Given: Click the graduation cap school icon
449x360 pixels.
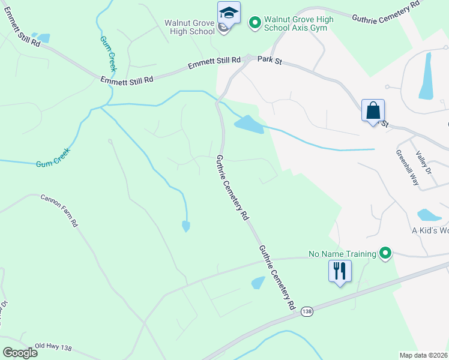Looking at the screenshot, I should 229,13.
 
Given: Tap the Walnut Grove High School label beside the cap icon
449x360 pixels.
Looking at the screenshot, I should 190,27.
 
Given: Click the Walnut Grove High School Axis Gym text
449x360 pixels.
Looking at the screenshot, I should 299,24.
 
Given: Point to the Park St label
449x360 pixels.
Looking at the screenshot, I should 270,59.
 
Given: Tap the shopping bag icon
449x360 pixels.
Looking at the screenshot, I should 373,111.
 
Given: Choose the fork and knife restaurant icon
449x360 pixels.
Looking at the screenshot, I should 339,271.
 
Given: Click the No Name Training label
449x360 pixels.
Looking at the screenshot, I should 342,254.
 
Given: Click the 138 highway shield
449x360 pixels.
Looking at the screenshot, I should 307,311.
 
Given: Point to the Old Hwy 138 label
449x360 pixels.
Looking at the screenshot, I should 53,347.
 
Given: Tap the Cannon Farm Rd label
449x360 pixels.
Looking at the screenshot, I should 59,210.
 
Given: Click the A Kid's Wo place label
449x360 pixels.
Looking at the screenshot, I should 430,230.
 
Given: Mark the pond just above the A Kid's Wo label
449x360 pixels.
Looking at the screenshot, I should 429,215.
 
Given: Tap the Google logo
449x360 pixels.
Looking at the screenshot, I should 20,352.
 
